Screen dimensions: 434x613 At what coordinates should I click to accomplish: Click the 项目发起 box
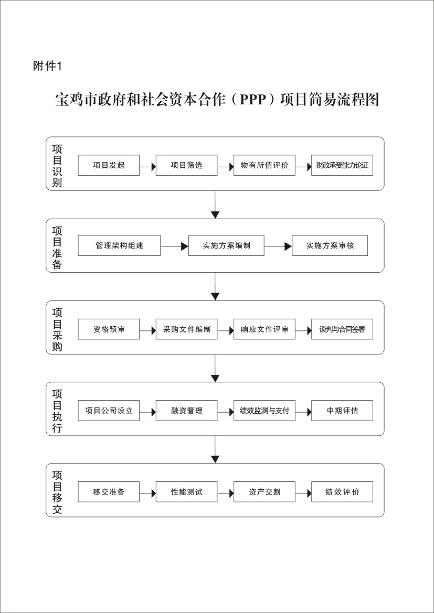pos(109,165)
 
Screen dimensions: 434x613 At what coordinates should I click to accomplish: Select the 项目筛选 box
pos(187,165)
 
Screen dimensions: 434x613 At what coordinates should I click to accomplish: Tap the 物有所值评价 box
pos(264,165)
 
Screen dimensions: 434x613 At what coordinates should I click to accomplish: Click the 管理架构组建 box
pos(119,245)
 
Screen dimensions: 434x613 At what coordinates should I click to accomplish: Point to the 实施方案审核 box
pos(330,245)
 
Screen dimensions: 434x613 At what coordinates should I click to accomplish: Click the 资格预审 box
pos(109,329)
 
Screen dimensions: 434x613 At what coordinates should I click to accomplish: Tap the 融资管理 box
pos(187,411)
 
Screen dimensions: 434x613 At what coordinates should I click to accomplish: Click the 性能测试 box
pos(187,492)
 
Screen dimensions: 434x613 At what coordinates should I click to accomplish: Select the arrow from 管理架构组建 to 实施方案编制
pos(175,246)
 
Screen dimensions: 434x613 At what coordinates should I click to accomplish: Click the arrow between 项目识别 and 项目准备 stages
pos(215,205)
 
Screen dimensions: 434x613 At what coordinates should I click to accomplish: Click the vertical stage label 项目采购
pos(57,329)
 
